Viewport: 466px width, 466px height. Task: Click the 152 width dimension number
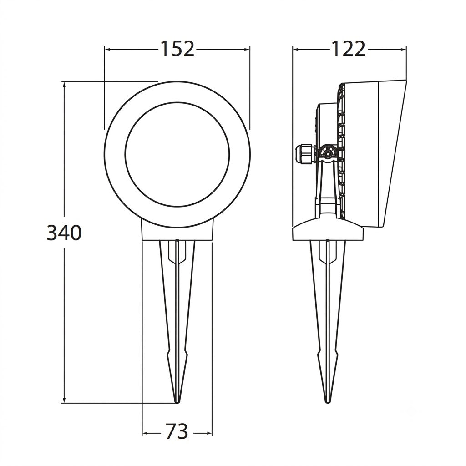pos(177,49)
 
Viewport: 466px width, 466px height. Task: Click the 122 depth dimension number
pos(348,49)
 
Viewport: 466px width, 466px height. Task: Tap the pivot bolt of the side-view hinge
pos(328,154)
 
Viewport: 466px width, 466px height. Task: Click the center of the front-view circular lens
pos(177,155)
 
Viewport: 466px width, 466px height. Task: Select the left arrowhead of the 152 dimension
pos(107,49)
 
